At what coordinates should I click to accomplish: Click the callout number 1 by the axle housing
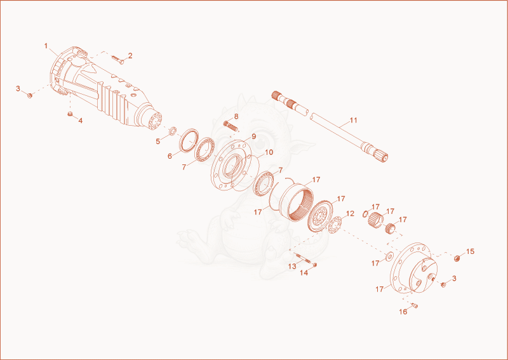[x=46, y=46]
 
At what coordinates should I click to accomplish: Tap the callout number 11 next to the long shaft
[x=354, y=120]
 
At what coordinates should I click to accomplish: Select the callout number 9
[x=253, y=137]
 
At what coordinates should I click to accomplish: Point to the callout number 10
[x=269, y=152]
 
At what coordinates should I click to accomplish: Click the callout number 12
[x=351, y=213]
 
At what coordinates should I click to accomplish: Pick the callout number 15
[x=470, y=251]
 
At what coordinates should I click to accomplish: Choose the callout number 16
[x=403, y=312]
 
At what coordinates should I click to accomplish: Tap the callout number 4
[x=81, y=121]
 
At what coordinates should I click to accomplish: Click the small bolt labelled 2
[x=117, y=59]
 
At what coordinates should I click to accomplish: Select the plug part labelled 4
[x=70, y=114]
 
